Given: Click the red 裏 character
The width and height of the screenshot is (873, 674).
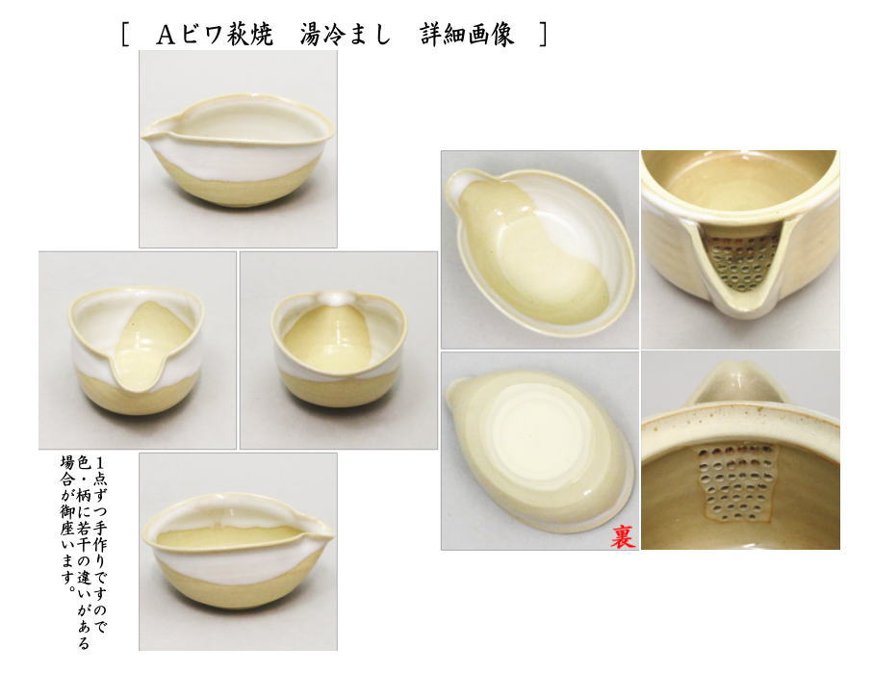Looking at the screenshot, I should [x=623, y=535].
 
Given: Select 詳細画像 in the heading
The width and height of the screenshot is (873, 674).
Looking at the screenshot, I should [x=466, y=36].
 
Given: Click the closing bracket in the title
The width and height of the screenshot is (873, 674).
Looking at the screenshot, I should [x=543, y=36].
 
